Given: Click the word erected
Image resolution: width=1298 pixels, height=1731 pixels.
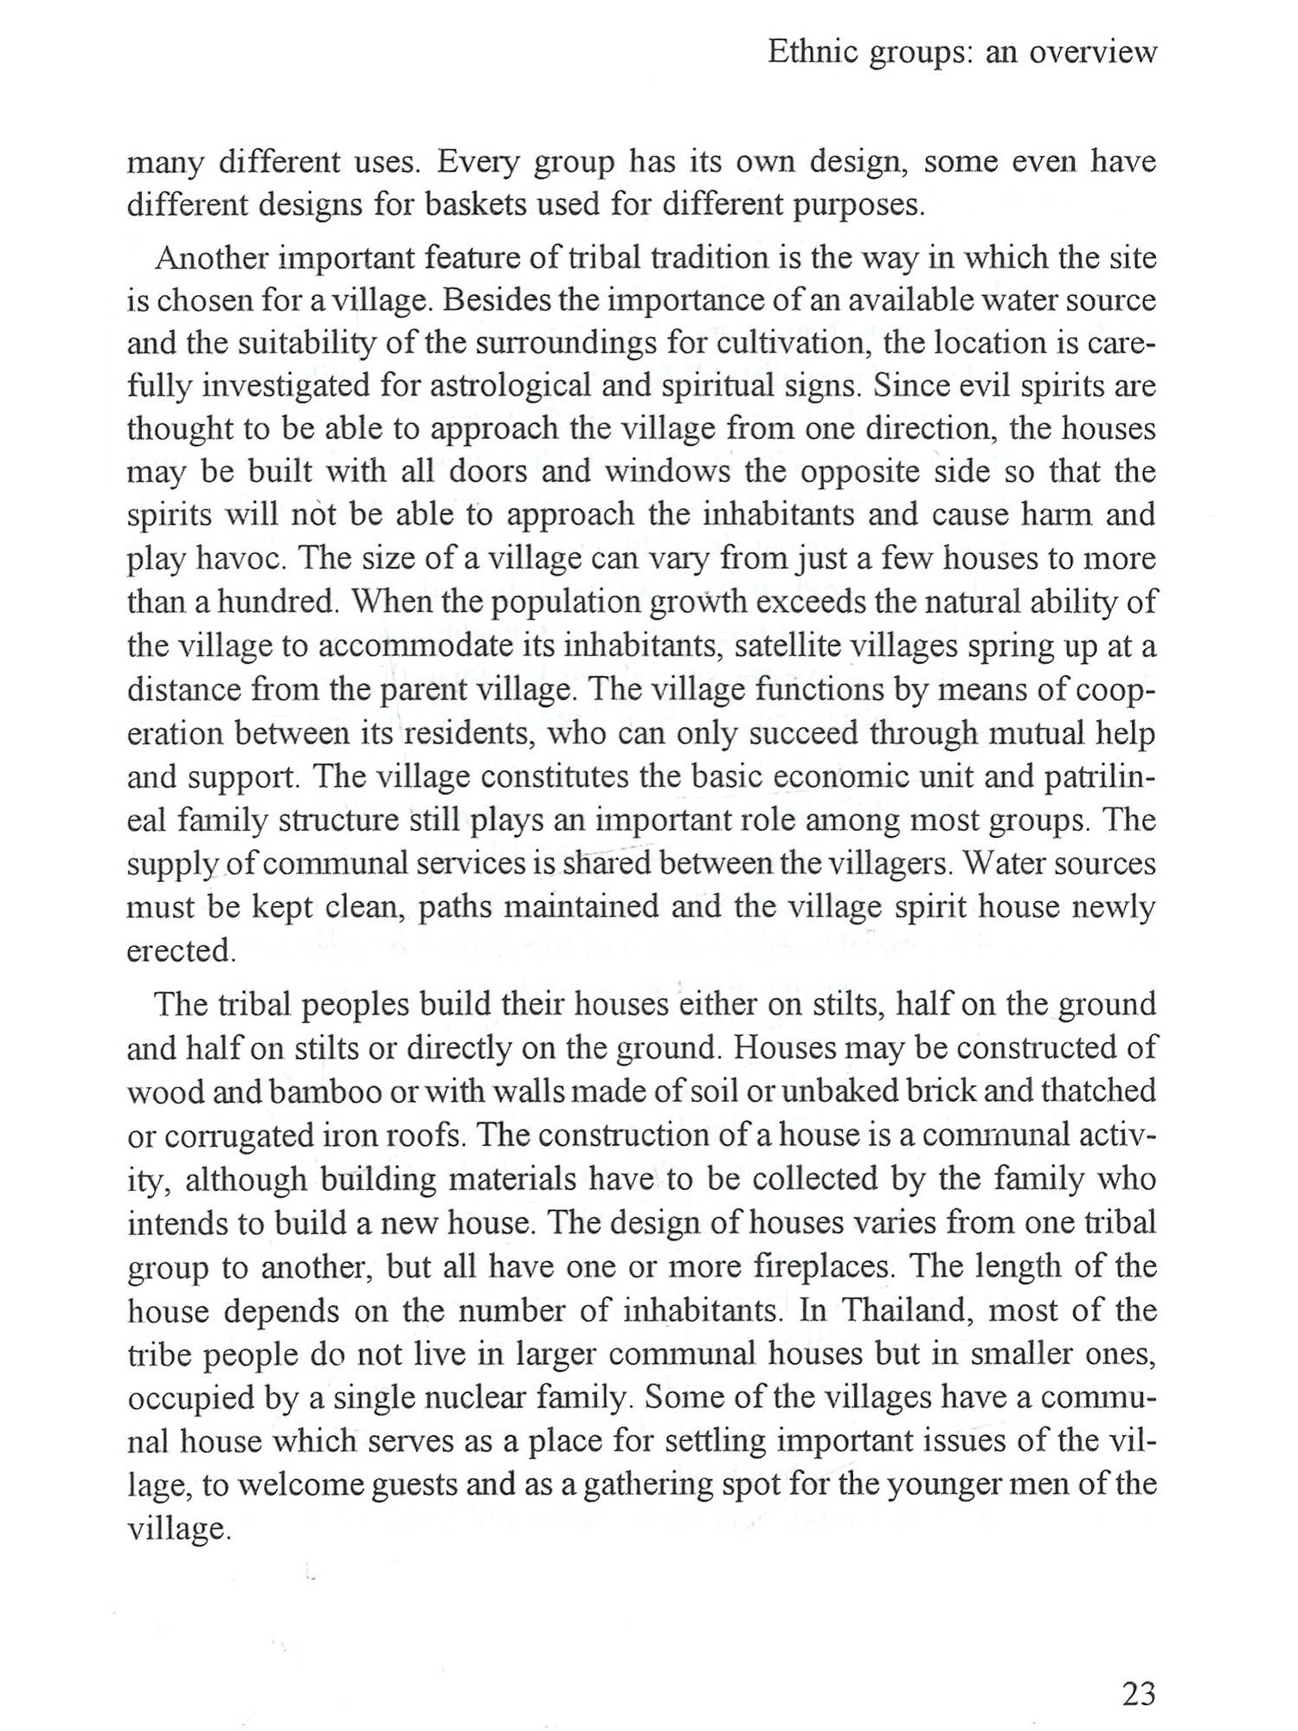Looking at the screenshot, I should click(181, 950).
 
